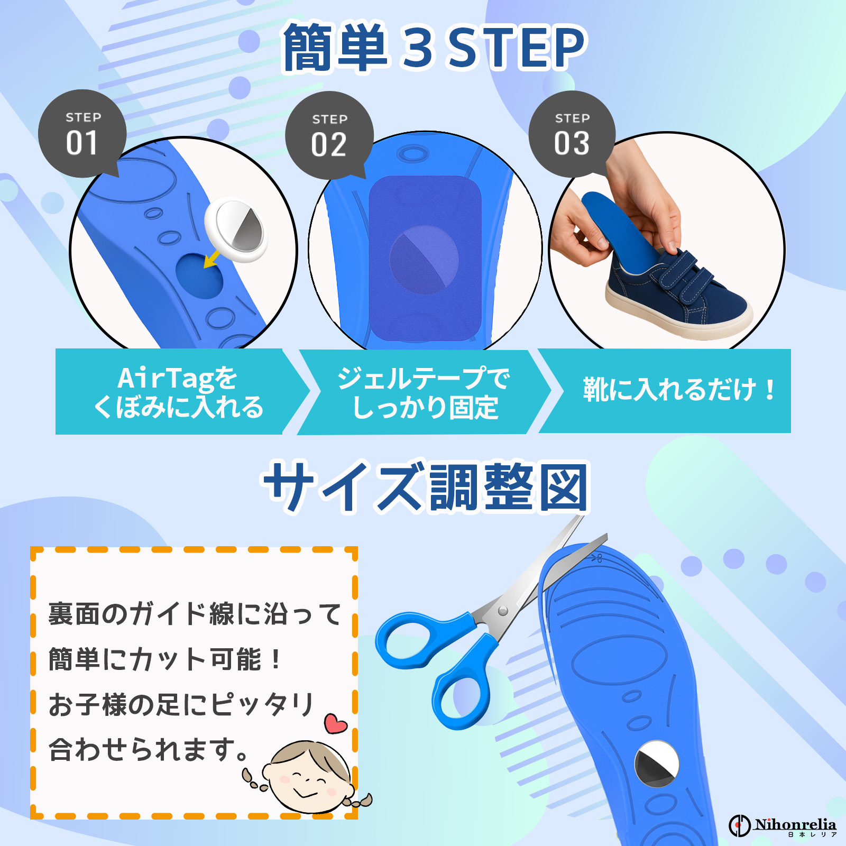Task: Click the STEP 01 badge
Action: (x=82, y=134)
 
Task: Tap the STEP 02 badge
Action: (x=329, y=135)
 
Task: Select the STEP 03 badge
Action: (x=572, y=134)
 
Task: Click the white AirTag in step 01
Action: (x=236, y=230)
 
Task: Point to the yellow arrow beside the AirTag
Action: (x=212, y=259)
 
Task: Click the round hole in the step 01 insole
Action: (x=199, y=276)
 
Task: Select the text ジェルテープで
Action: (x=424, y=378)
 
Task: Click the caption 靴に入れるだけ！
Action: (x=679, y=390)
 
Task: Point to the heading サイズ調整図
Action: (x=426, y=487)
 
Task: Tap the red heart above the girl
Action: (x=336, y=723)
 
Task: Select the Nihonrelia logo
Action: (x=782, y=825)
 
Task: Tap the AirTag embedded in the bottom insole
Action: (x=657, y=764)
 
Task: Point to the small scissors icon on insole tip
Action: (x=597, y=557)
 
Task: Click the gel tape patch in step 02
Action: (x=425, y=259)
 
